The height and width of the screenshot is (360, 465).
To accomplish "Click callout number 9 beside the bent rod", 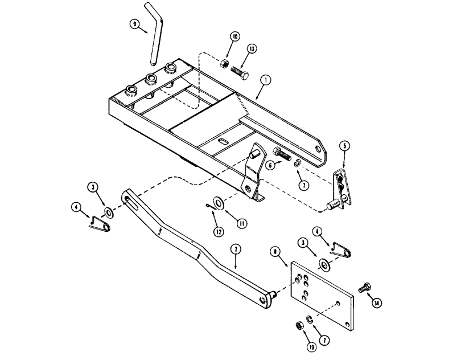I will [134, 24].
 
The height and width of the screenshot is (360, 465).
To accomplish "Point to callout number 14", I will [376, 303].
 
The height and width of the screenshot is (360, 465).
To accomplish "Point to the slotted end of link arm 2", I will [128, 199].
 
